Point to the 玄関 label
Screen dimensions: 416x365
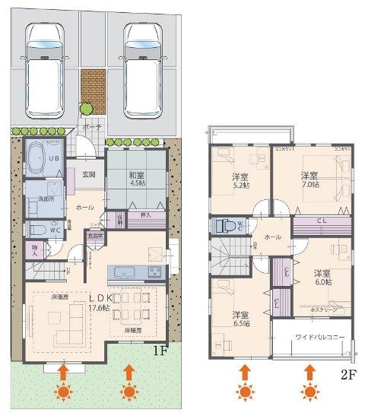click(89, 174)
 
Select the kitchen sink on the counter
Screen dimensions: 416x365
click(123, 272)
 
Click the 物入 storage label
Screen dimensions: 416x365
click(34, 248)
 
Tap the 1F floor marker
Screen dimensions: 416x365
click(159, 351)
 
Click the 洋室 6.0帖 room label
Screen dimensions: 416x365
click(321, 277)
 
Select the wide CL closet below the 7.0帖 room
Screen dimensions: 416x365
click(321, 222)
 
